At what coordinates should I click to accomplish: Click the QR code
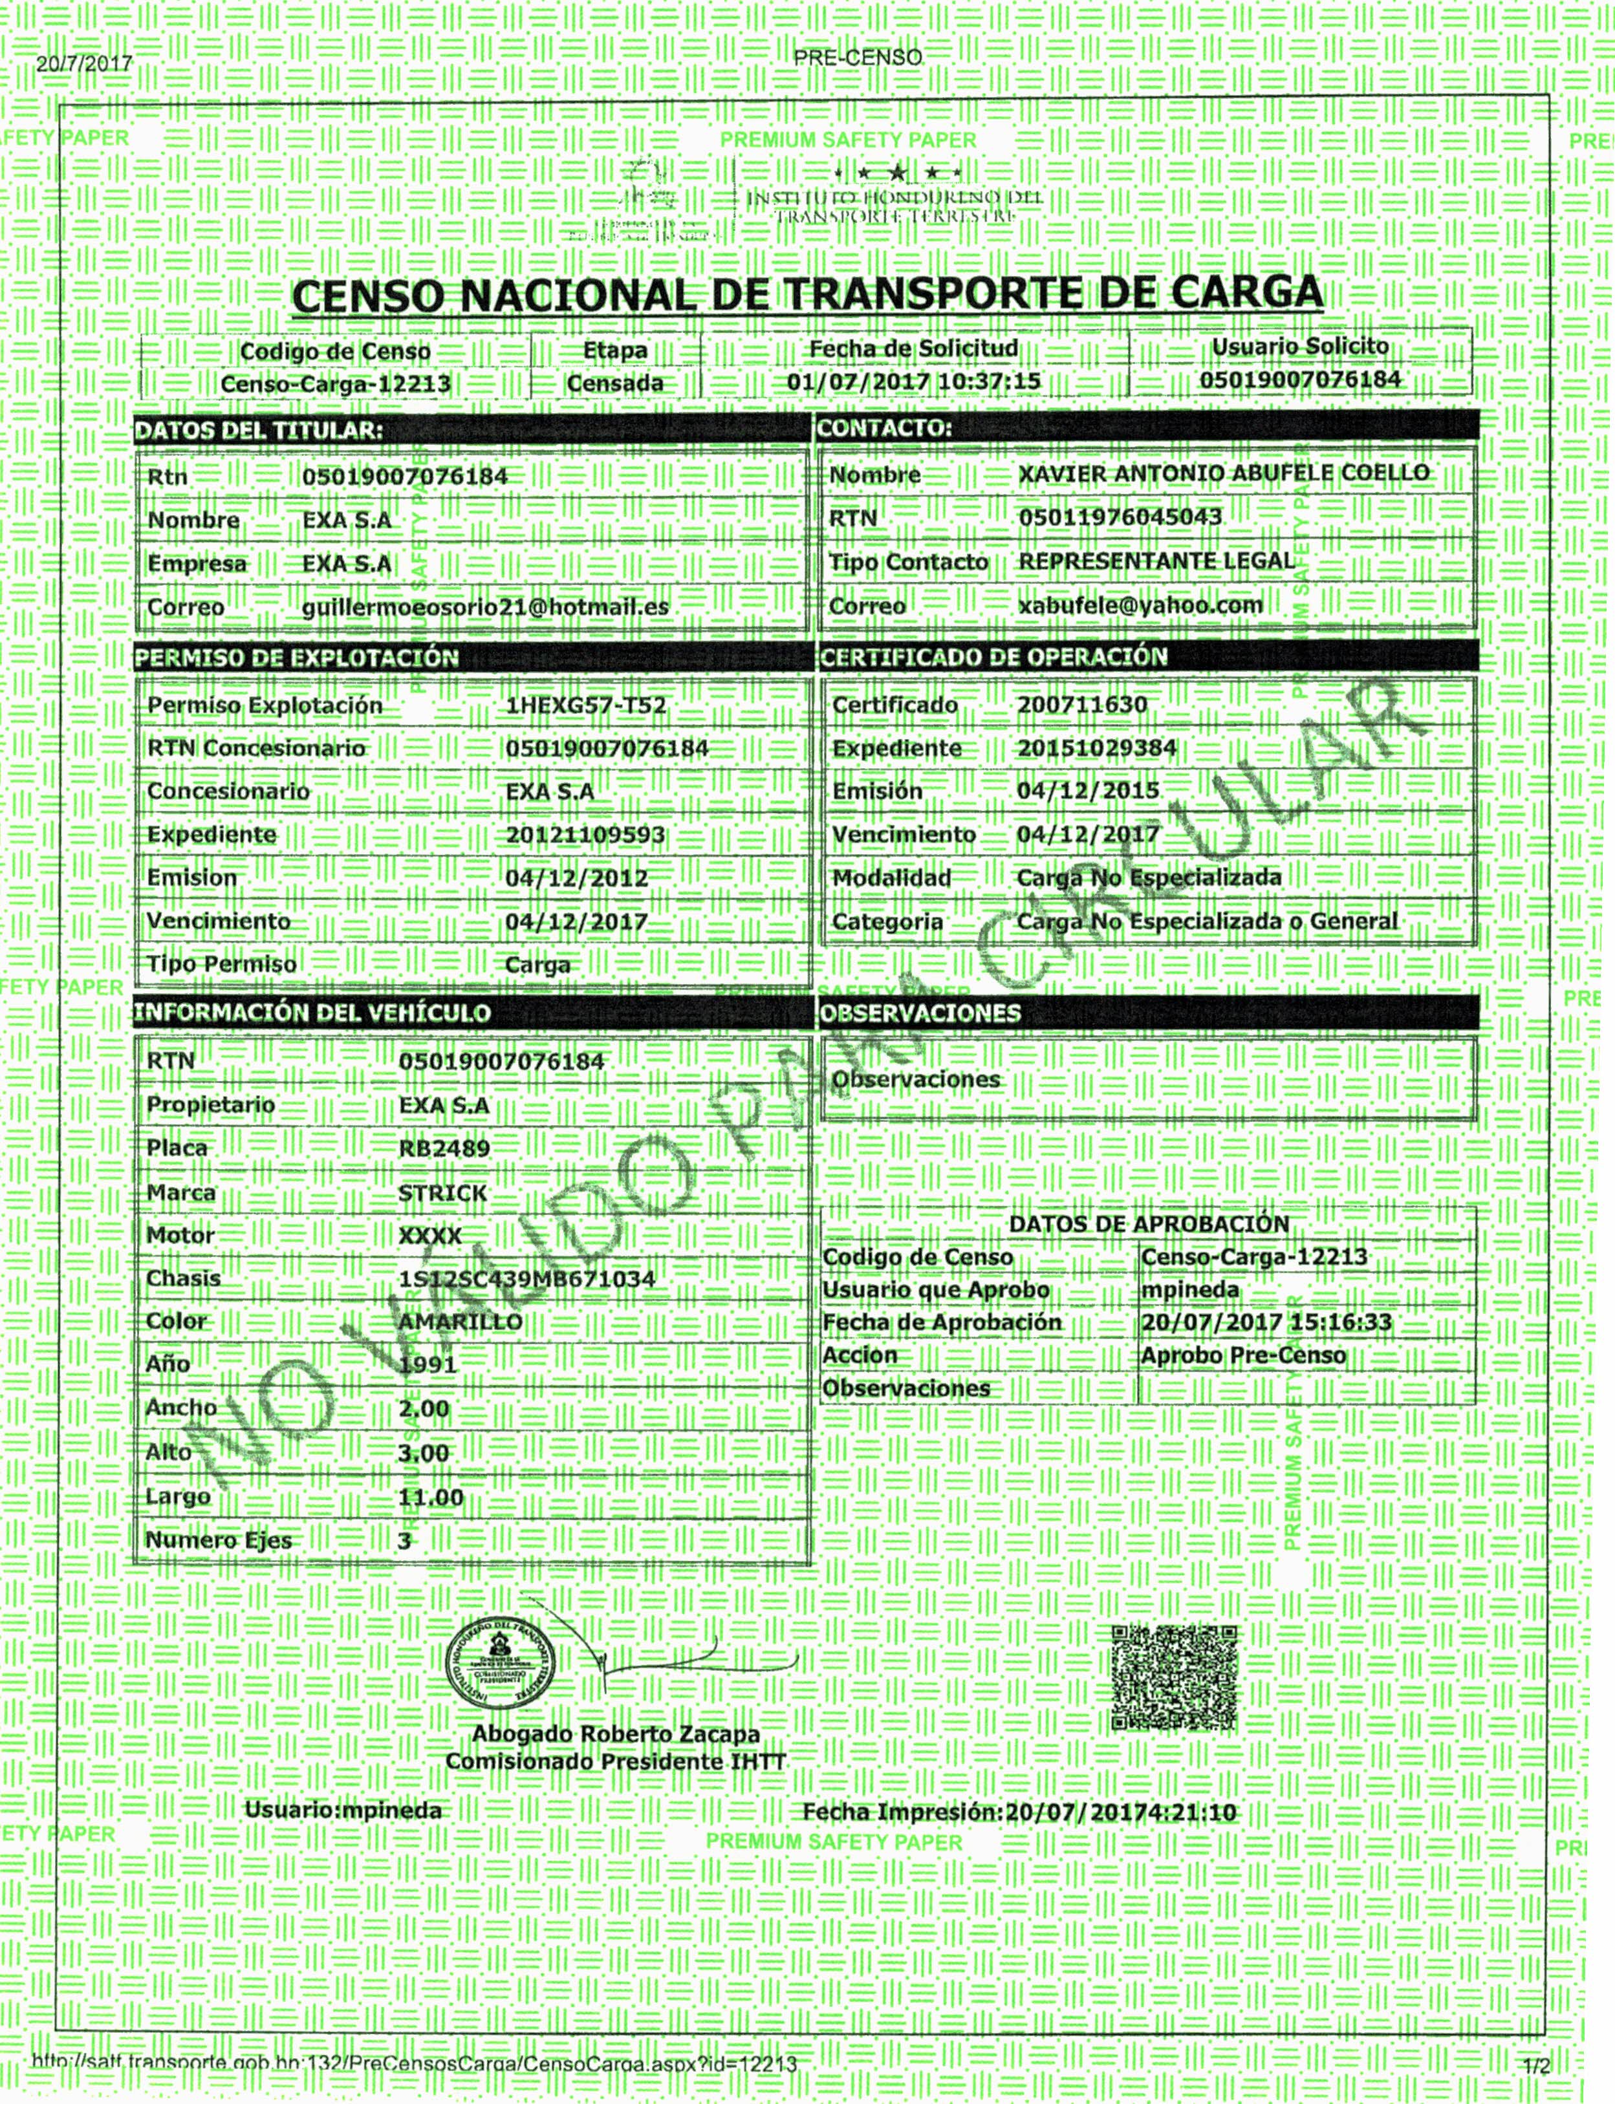pos(1174,1678)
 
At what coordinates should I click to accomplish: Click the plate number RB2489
pos(444,1148)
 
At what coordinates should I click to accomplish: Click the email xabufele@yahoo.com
pos(1140,606)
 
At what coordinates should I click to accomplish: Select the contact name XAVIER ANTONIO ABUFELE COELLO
pos(1224,474)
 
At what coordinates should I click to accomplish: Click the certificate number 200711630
pos(1083,705)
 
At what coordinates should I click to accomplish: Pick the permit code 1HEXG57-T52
pos(585,705)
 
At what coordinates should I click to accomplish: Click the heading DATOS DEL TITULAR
pos(257,431)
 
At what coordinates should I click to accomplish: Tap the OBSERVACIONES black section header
pos(920,1013)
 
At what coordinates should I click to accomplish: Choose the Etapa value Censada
pos(615,383)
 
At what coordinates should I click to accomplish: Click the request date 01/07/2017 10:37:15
pos(913,381)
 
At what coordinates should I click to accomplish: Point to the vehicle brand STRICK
pos(443,1193)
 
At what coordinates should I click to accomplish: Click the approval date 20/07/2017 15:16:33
pos(1266,1322)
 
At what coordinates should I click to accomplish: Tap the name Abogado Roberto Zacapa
pos(615,1735)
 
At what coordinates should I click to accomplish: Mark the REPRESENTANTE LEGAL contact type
pos(1156,561)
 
